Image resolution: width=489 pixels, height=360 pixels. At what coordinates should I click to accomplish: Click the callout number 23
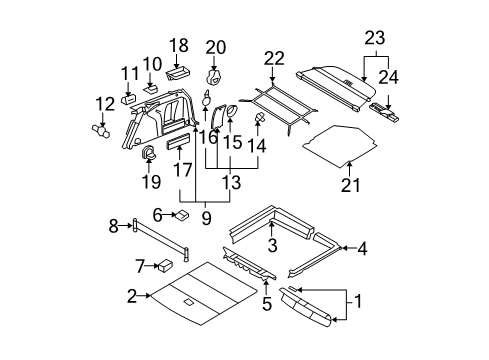[x=375, y=38]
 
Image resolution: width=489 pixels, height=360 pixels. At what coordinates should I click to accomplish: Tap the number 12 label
[x=105, y=104]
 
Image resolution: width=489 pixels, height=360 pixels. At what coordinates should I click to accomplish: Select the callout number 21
[x=351, y=185]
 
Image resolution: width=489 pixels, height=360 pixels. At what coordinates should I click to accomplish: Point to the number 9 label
[x=206, y=218]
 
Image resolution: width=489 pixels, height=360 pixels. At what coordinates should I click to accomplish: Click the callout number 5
[x=267, y=304]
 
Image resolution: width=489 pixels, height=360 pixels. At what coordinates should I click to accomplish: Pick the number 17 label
[x=183, y=169]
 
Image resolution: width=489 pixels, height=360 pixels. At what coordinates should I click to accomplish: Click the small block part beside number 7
[x=166, y=265]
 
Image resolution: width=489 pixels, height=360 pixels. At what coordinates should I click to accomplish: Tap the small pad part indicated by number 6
[x=182, y=214]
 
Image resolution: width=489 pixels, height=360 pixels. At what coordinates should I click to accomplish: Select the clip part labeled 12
[x=101, y=130]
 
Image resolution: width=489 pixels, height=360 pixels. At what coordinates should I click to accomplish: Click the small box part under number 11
[x=129, y=99]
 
